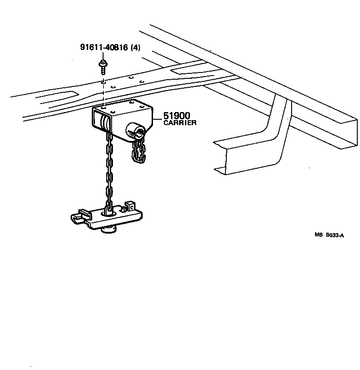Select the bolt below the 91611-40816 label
click(103, 66)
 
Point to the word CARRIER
click(180, 123)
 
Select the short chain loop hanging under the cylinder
click(139, 151)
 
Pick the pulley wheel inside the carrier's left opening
click(105, 122)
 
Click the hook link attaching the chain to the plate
click(108, 208)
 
